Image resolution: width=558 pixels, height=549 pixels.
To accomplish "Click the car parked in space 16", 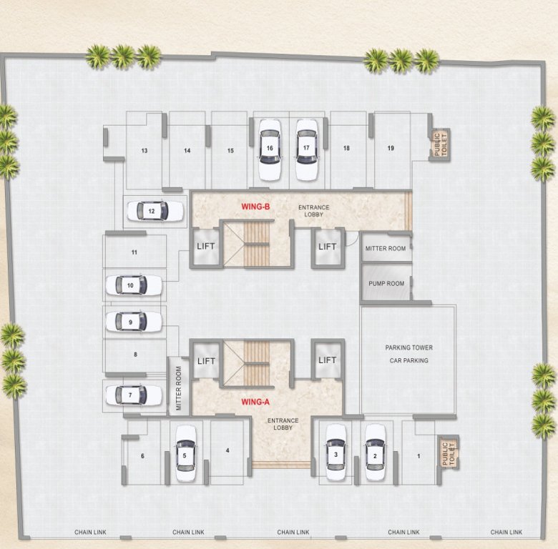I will pos(270,149).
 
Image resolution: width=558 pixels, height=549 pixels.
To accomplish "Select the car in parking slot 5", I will pos(185,453).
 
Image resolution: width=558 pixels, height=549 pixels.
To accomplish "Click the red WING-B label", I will pos(255,207).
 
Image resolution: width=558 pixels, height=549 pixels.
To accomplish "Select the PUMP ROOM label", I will pos(386,284).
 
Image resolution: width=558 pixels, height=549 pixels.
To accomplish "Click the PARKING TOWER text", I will pos(409,347).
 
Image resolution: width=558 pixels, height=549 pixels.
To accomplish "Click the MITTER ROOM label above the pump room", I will pos(386,248).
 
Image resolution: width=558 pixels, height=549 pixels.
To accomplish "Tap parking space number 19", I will pos(391,148).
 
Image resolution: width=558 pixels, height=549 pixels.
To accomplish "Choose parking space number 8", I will pos(134,354).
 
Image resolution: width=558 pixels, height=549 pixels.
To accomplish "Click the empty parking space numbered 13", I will pos(145,151).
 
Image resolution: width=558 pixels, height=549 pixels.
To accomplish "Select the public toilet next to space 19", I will pos(439,145).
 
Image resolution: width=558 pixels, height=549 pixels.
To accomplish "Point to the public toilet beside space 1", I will pos(448,453).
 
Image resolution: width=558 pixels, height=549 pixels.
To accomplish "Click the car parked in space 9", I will pos(134,322).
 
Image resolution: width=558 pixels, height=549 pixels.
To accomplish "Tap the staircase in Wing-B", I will pos(257,244).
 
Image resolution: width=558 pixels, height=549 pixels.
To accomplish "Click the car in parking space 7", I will pos(134,395).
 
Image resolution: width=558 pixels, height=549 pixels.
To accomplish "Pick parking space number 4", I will pos(227,450).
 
